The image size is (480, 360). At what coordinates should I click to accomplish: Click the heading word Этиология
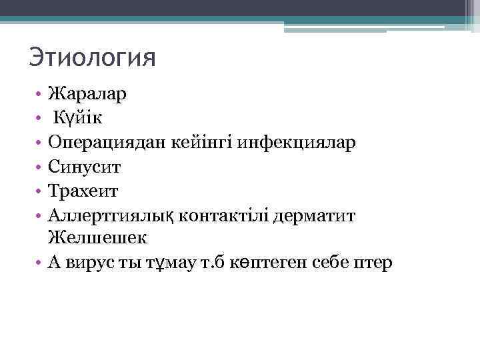coord(92,57)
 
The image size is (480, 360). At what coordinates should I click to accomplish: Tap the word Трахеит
coord(83,191)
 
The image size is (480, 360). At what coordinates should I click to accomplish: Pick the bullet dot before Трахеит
coord(40,191)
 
